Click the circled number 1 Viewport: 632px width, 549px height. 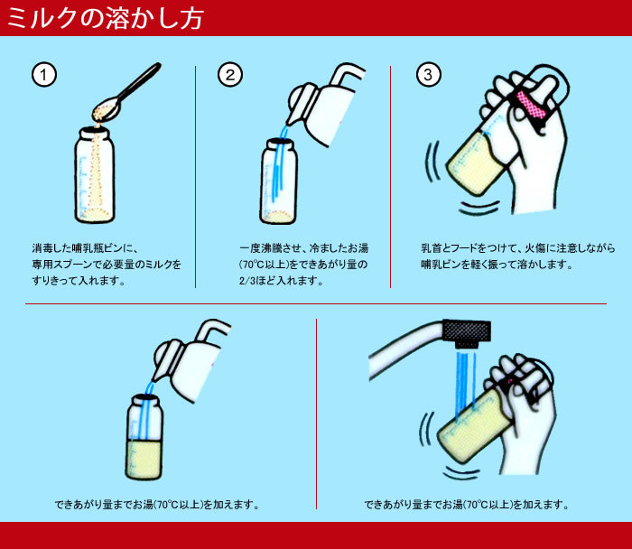pyautogui.click(x=44, y=75)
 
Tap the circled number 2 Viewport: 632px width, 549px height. pyautogui.click(x=230, y=75)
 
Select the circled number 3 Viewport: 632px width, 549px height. pyautogui.click(x=429, y=75)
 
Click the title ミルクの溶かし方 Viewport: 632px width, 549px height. pyautogui.click(x=106, y=18)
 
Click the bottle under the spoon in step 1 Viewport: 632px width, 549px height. pyautogui.click(x=95, y=175)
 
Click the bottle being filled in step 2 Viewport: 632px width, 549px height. pyautogui.click(x=278, y=181)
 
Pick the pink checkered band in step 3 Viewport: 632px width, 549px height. pyautogui.click(x=531, y=105)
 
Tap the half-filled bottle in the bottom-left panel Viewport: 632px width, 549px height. pyautogui.click(x=144, y=438)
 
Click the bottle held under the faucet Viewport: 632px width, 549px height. pyautogui.click(x=475, y=428)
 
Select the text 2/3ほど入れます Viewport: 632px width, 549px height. pyautogui.click(x=281, y=281)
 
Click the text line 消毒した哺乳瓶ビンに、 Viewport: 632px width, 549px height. pyautogui.click(x=86, y=248)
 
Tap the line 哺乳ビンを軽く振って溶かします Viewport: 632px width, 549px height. pyautogui.click(x=497, y=265)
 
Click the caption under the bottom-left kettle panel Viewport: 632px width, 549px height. pyautogui.click(x=157, y=504)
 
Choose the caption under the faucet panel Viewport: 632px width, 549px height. pyautogui.click(x=467, y=504)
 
